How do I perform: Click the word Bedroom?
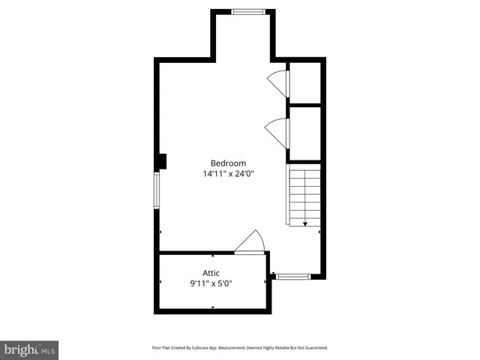coord(228,163)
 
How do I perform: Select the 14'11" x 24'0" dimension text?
coord(228,174)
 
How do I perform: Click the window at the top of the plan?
coord(247,11)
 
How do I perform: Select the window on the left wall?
coord(157,190)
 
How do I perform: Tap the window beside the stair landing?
coord(293,277)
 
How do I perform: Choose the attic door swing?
coord(250,242)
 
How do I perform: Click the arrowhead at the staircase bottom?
coord(305,223)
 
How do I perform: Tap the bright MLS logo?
coord(30,349)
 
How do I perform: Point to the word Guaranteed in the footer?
coord(315,348)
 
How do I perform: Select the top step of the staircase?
coord(305,172)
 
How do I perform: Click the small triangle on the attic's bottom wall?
coord(213,307)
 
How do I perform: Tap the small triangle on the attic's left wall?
coord(160,282)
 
